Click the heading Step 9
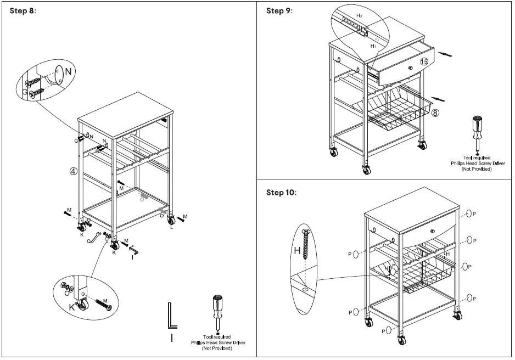pos(279,11)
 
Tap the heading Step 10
pos(281,193)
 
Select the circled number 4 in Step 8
pos(72,171)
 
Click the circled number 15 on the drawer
pos(424,62)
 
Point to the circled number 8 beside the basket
pos(435,114)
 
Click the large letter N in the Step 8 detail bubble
pos(68,71)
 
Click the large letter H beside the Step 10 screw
pos(296,251)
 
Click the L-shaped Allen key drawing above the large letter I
pos(172,317)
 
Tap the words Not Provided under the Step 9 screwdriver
pos(476,169)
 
